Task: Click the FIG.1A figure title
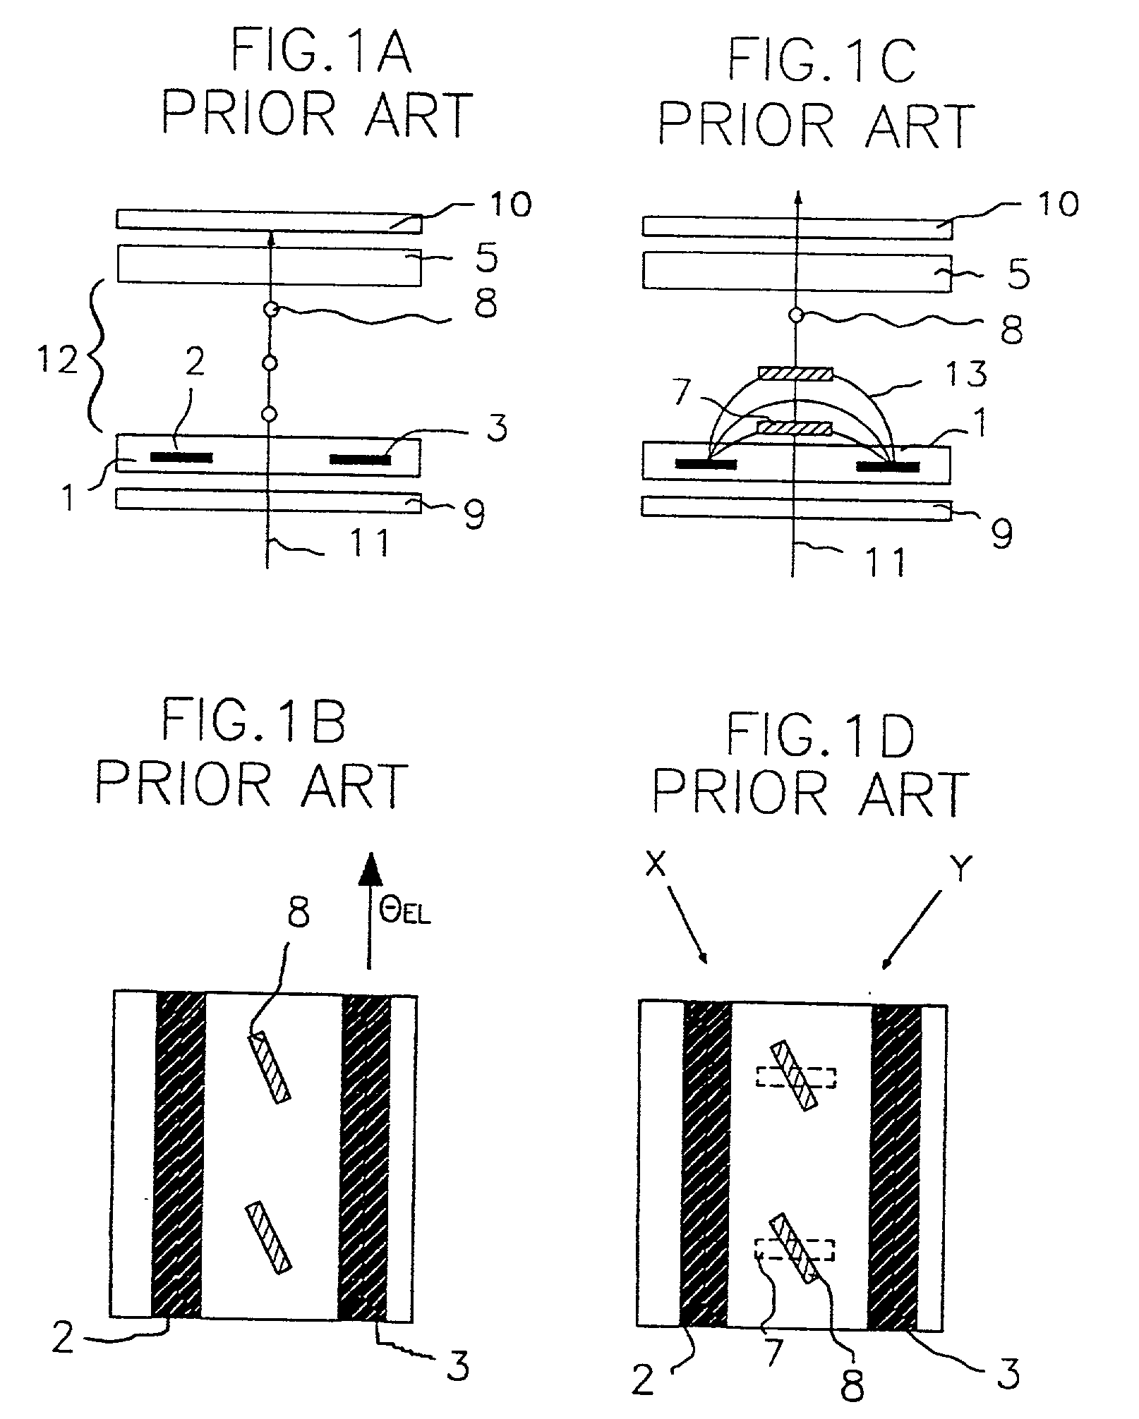(x=321, y=55)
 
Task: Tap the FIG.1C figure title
(x=821, y=61)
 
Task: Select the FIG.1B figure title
(x=254, y=721)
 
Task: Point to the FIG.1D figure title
(x=821, y=736)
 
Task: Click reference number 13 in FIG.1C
(x=968, y=373)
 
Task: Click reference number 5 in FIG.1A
(x=486, y=259)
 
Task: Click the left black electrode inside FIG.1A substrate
(x=181, y=457)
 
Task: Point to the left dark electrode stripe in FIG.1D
(x=706, y=1164)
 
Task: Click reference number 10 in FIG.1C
(x=1058, y=205)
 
